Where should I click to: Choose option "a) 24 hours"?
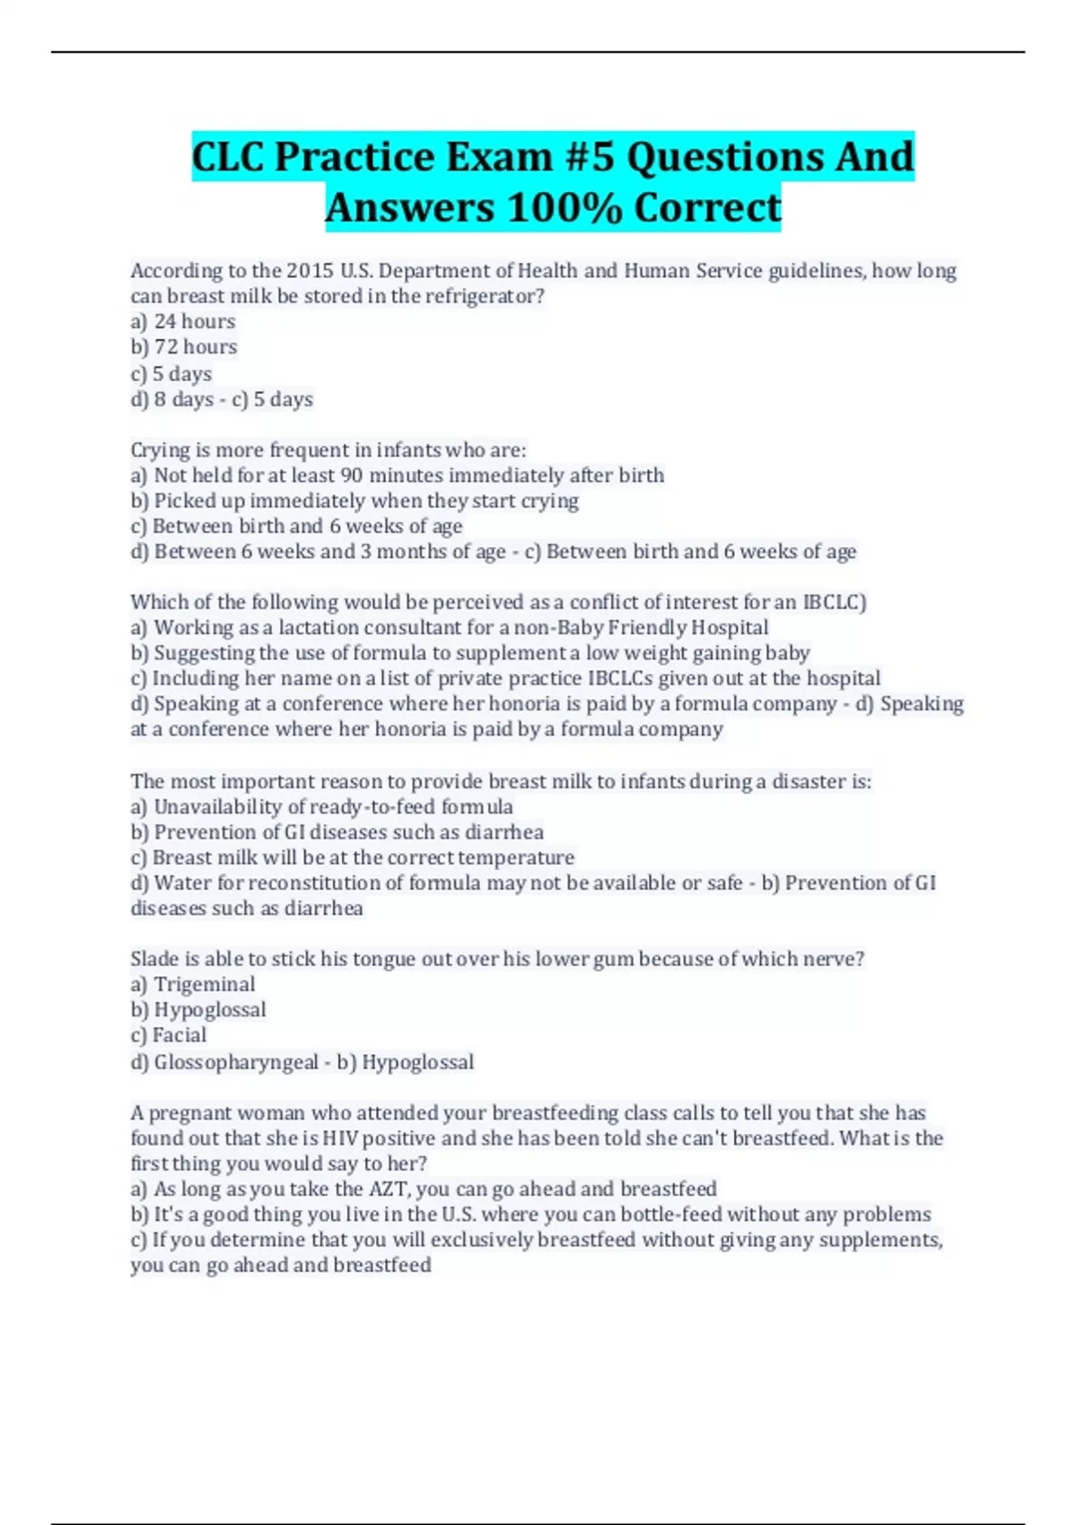pos(183,321)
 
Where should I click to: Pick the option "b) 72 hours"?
pos(184,347)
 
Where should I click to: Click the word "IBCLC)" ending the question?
pos(835,602)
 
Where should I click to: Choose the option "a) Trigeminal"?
pos(193,984)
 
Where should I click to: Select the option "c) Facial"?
pos(169,1035)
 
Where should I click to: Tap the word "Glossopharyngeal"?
pos(236,1062)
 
